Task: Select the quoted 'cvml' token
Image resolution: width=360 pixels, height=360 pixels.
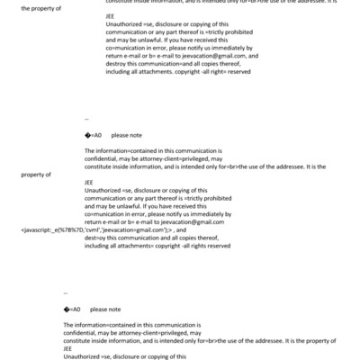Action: [x=89, y=230]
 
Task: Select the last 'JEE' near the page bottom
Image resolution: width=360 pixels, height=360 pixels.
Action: [x=67, y=351]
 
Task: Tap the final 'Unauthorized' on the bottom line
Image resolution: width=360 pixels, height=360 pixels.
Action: [x=83, y=357]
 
